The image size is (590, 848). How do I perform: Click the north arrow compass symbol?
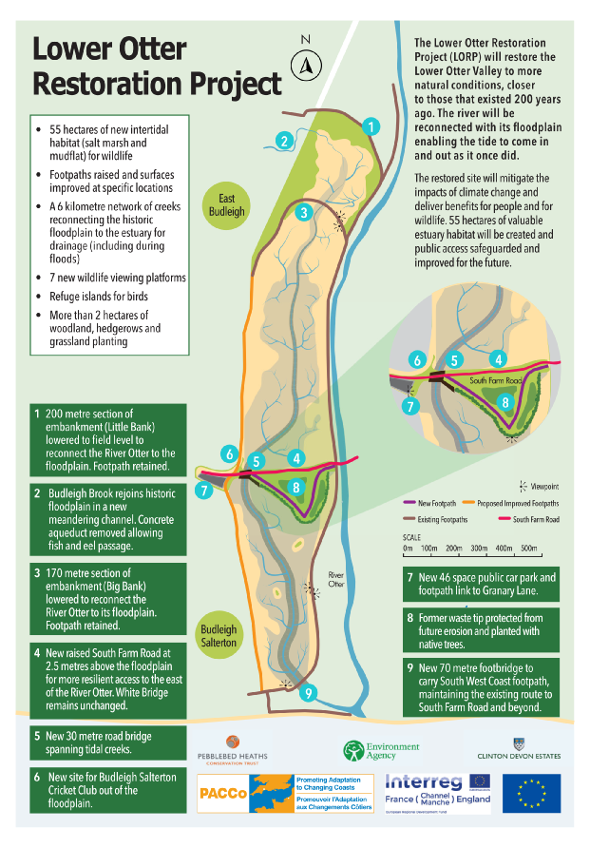pyautogui.click(x=306, y=64)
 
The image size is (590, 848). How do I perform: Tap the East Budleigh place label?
pyautogui.click(x=226, y=204)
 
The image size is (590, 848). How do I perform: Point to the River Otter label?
pyautogui.click(x=336, y=579)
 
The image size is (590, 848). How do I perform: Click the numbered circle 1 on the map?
pyautogui.click(x=371, y=125)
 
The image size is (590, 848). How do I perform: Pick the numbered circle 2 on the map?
pyautogui.click(x=282, y=141)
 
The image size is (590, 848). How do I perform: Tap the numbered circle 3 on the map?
pyautogui.click(x=303, y=212)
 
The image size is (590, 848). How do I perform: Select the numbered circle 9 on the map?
pyautogui.click(x=306, y=693)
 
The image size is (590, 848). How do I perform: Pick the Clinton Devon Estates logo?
pyautogui.click(x=517, y=750)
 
